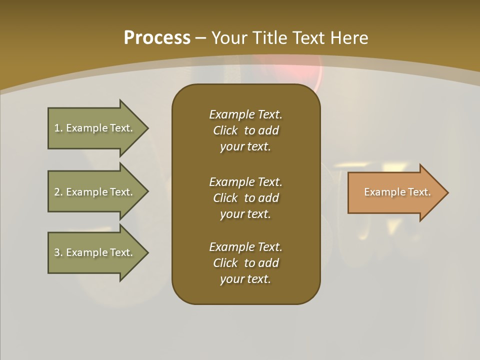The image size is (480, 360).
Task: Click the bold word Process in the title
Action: point(157,38)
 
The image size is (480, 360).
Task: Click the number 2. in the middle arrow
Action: point(58,192)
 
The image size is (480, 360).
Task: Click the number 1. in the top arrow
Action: point(58,128)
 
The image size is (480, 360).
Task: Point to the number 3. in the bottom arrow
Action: point(58,252)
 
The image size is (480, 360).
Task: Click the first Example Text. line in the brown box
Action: point(245,114)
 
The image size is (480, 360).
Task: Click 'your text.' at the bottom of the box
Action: point(245,279)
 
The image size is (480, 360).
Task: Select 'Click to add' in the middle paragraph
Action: point(245,198)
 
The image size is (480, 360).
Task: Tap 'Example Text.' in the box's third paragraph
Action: point(245,247)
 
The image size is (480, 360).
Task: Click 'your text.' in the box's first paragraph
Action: point(245,147)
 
